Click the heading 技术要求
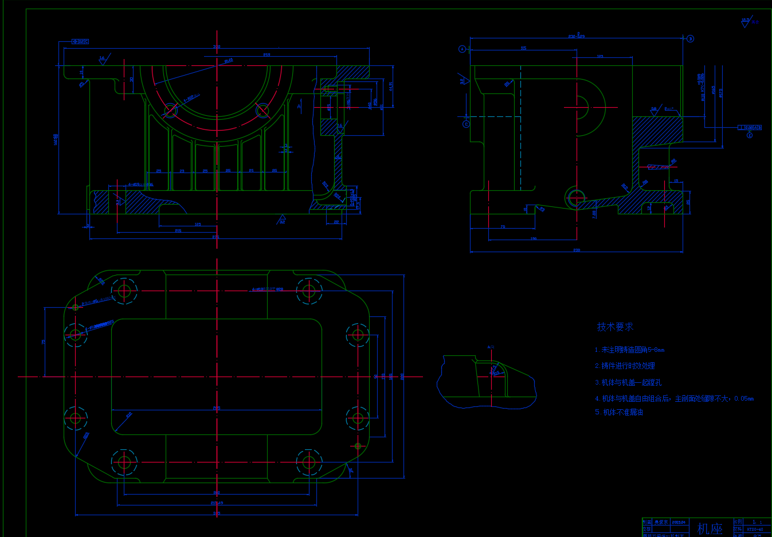click(x=614, y=327)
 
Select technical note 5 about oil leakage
click(x=619, y=412)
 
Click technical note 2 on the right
click(x=625, y=366)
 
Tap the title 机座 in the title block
click(x=710, y=528)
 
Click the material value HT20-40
click(x=755, y=529)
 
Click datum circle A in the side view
click(x=463, y=49)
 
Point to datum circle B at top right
click(x=690, y=39)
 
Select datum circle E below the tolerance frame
click(x=750, y=135)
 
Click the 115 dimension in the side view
click(x=523, y=48)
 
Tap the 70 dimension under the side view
click(x=503, y=227)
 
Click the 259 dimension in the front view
click(x=267, y=55)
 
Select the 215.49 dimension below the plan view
click(x=217, y=503)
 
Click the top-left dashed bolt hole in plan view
click(x=124, y=291)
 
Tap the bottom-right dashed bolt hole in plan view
click(x=309, y=462)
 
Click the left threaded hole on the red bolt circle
click(x=171, y=109)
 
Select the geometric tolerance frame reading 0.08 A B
click(x=750, y=128)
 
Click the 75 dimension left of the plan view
click(x=44, y=342)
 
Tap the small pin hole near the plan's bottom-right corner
click(x=358, y=446)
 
